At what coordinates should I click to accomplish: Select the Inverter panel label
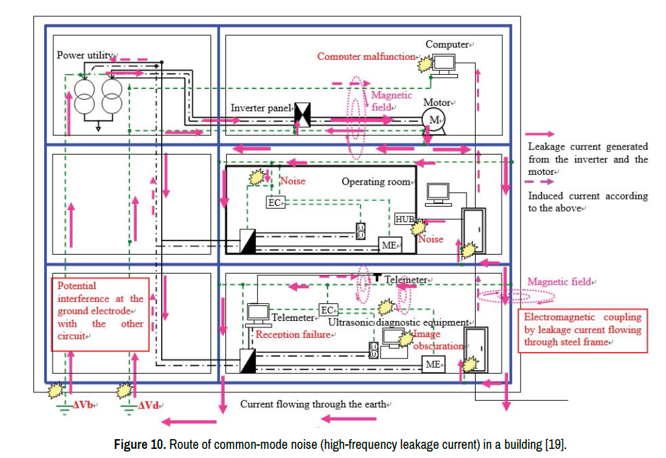261,108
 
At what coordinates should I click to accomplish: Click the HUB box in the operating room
405,218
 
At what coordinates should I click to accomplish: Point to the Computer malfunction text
366,57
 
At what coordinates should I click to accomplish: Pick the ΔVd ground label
150,405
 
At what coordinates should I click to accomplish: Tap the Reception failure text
294,335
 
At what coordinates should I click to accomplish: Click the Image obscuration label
439,340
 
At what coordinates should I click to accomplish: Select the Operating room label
376,182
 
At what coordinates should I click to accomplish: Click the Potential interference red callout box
101,311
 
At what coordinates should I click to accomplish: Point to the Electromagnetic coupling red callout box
582,330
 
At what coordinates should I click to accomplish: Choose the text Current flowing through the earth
313,404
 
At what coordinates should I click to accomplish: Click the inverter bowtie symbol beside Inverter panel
303,114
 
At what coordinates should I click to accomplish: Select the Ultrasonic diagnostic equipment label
398,322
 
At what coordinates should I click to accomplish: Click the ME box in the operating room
391,245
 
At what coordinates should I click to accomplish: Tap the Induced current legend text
587,201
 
